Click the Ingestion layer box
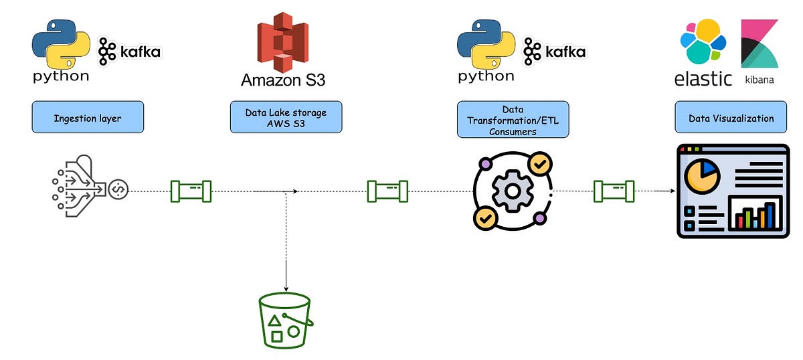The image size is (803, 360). click(88, 117)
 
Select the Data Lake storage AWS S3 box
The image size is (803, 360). click(286, 117)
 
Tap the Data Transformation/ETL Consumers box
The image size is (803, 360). click(513, 119)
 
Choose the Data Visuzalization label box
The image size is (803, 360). click(731, 118)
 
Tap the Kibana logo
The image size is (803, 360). click(759, 43)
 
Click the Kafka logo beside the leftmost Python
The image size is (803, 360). click(129, 51)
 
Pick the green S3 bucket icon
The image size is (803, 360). click(286, 321)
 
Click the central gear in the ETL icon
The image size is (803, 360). click(512, 191)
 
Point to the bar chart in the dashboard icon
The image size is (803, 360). click(754, 215)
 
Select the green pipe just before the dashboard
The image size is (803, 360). click(614, 191)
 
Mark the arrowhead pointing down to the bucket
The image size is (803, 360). click(286, 287)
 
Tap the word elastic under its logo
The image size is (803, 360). click(703, 78)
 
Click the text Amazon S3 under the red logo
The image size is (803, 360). click(283, 80)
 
